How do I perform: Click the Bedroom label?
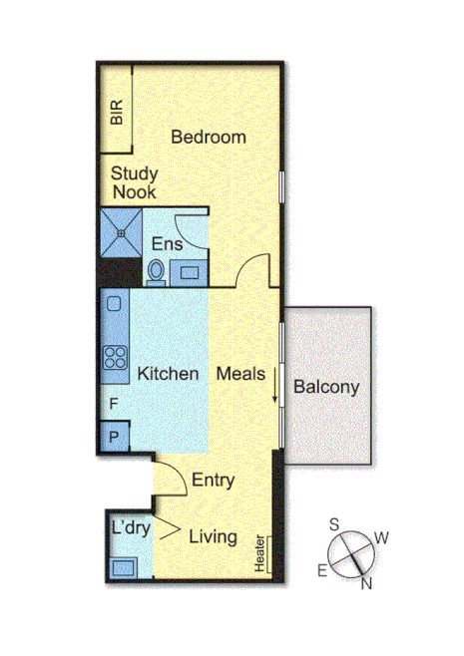pos(208,138)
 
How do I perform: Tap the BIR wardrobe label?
pos(118,111)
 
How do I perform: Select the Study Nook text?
pos(135,182)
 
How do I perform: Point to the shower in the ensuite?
pos(121,232)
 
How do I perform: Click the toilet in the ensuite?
pos(156,270)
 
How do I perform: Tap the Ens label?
pos(166,244)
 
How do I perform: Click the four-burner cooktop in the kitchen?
pos(115,356)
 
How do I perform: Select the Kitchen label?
pos(168,374)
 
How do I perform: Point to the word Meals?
pos(240,374)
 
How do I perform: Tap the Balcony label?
pos(325,387)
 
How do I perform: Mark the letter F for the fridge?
pos(114,406)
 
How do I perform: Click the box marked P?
pos(114,437)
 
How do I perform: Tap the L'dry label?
pos(131,528)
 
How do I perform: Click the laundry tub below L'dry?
pos(125,566)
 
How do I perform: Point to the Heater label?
pos(260,554)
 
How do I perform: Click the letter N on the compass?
pos(366,584)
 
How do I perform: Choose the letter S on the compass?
pos(335,524)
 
